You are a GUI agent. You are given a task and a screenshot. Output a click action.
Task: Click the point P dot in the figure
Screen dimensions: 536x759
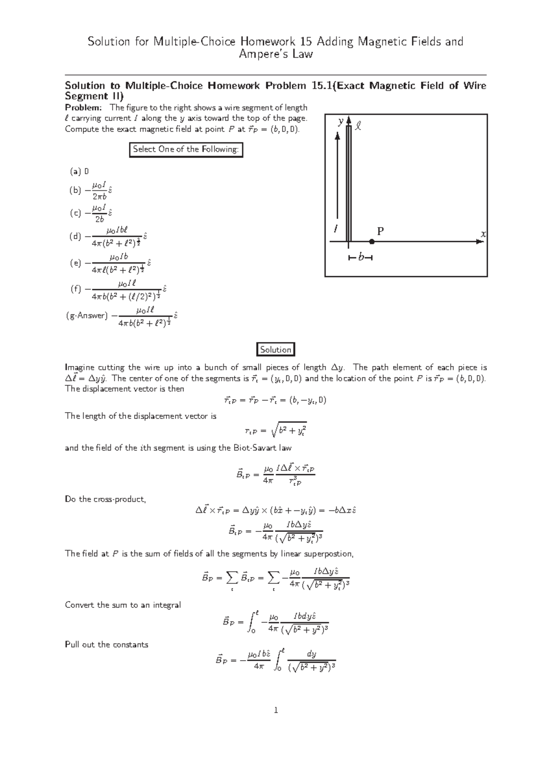click(x=372, y=242)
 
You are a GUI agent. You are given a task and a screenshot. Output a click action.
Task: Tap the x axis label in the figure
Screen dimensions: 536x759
click(x=483, y=234)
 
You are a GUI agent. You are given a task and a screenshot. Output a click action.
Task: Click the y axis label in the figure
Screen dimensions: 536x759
click(x=341, y=121)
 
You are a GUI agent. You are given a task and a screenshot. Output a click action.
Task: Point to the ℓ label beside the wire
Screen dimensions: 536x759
click(x=358, y=127)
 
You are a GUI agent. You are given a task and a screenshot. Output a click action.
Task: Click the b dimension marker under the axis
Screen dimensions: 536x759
click(x=360, y=258)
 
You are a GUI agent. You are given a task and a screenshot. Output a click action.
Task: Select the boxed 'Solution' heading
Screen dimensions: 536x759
click(x=276, y=350)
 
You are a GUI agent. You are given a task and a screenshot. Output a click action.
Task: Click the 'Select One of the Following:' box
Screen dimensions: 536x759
click(x=186, y=149)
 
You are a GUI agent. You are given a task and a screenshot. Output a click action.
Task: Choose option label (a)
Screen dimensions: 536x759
click(x=75, y=171)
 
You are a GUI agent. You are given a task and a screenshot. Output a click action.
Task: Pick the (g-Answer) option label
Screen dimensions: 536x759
click(x=87, y=316)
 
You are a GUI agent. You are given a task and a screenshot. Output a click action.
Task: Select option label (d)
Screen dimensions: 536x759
click(x=75, y=236)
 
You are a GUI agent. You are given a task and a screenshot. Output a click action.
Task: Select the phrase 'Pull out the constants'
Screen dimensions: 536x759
click(x=106, y=645)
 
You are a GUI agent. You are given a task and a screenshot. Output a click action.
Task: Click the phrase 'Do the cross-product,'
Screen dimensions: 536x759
click(x=105, y=499)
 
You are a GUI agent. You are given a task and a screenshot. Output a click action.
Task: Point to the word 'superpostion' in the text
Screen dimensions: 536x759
click(x=328, y=554)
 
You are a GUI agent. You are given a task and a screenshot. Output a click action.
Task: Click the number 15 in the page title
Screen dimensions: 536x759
click(x=306, y=42)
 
